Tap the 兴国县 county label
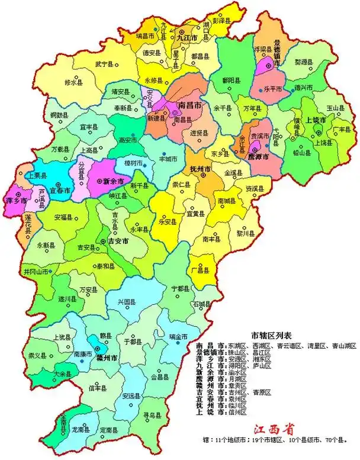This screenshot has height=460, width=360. (x=128, y=302)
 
